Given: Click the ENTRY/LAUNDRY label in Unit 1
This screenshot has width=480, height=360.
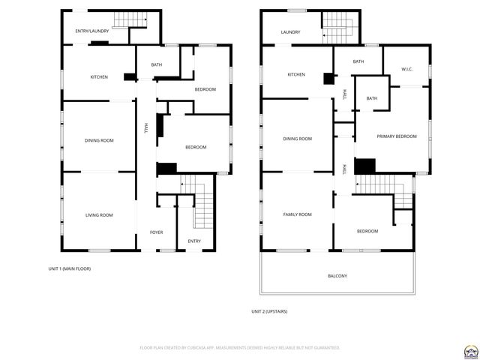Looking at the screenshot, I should click(x=92, y=31).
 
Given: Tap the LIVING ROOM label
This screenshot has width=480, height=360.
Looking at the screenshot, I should click(x=99, y=215).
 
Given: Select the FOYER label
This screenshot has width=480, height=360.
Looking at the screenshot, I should click(x=156, y=232).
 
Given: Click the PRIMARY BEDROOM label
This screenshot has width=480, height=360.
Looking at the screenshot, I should click(x=396, y=136).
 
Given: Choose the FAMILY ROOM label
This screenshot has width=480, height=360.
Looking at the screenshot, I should click(x=297, y=214).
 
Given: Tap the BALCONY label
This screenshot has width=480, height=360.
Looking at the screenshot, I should click(x=337, y=276).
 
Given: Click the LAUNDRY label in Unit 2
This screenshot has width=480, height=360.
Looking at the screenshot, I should click(x=290, y=32).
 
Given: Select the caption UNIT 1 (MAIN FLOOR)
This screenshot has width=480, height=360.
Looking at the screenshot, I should click(x=70, y=268).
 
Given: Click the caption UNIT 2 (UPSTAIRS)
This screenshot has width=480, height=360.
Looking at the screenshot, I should click(x=269, y=311).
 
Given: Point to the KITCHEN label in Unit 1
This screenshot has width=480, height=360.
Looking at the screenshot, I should click(x=99, y=77).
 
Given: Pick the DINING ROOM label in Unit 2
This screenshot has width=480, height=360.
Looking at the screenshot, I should click(x=297, y=139).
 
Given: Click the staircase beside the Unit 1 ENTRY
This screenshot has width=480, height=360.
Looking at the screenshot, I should click(x=203, y=210).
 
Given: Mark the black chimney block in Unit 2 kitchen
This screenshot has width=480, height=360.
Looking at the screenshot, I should click(x=328, y=78).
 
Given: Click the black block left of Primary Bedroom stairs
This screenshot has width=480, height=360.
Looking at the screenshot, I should click(x=364, y=166).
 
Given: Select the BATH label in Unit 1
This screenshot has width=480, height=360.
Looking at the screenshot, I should click(x=157, y=65).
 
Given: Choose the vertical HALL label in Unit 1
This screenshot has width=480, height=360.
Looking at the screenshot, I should click(x=145, y=128).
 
